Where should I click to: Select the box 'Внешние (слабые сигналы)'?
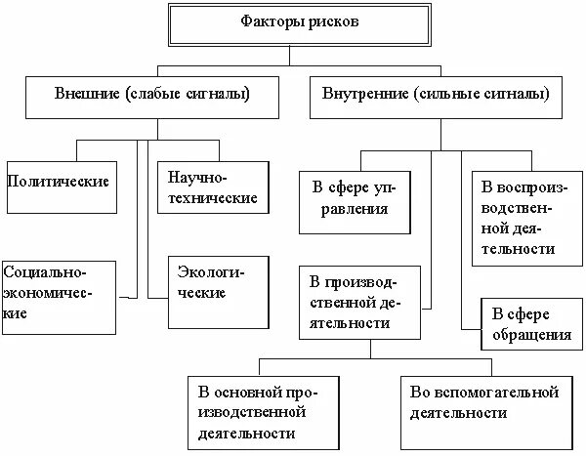tap(151, 96)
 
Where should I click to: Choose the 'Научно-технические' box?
tap(211, 188)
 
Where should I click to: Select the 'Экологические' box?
tap(217, 292)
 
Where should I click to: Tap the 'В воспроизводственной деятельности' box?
tap(525, 216)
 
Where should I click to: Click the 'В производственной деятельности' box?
tap(361, 303)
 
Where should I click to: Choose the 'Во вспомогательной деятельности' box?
tap(484, 402)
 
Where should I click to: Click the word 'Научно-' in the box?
tap(196, 179)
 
